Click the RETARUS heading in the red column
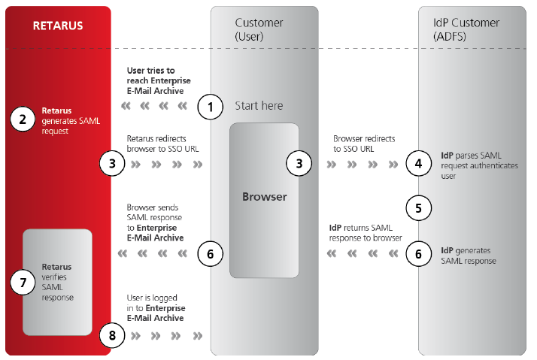(57, 26)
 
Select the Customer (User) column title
(260, 29)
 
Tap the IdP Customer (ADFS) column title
(467, 29)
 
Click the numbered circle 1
(211, 107)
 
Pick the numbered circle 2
(23, 119)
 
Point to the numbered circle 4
(419, 162)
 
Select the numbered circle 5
(419, 206)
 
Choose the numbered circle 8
(112, 334)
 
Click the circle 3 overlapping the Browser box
(299, 162)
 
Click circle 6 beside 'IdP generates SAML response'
(419, 254)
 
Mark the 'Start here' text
(259, 106)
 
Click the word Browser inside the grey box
(264, 197)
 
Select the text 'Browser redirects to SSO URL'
(364, 144)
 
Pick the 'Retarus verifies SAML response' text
(57, 282)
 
